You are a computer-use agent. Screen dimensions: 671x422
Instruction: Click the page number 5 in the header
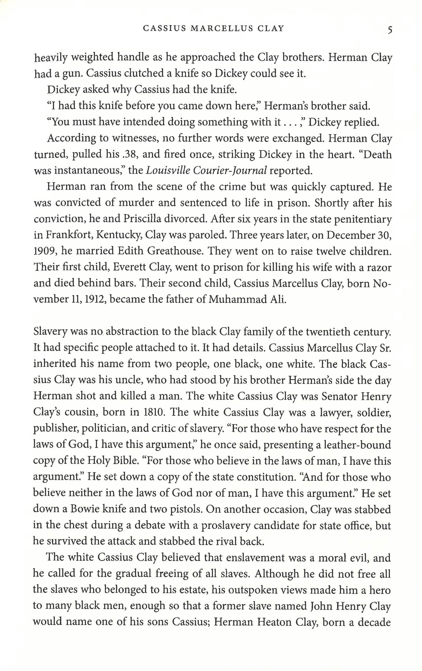click(x=390, y=29)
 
